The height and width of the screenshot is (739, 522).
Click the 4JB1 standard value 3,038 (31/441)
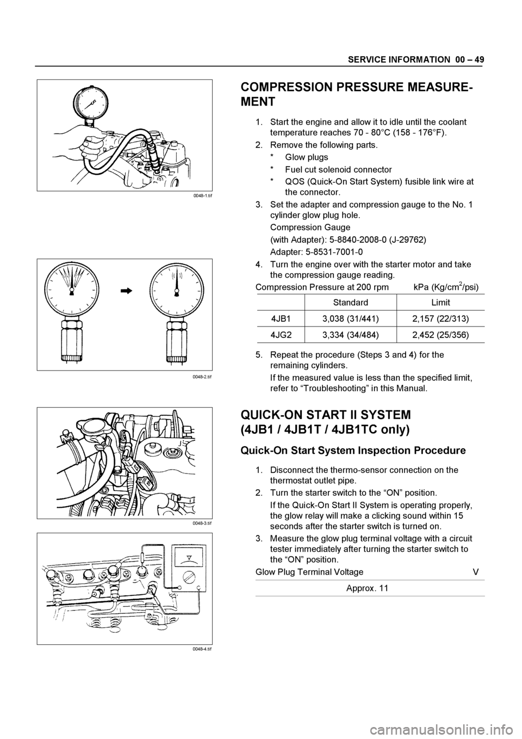click(x=350, y=319)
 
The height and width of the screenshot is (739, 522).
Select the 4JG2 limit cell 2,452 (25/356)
click(x=440, y=335)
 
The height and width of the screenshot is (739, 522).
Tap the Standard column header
click(x=350, y=302)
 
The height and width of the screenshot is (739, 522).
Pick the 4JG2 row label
click(x=281, y=335)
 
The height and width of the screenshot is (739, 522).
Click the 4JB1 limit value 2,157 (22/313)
click(x=440, y=319)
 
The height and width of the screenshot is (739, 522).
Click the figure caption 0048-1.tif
click(x=202, y=195)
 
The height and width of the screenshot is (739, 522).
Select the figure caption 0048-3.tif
click(x=202, y=524)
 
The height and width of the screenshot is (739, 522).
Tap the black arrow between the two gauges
click(x=126, y=291)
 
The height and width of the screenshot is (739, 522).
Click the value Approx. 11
click(x=368, y=588)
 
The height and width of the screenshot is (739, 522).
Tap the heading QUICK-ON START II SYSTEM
click(x=326, y=414)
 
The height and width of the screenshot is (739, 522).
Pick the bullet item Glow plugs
click(x=307, y=157)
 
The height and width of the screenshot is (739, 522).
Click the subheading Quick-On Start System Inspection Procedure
click(x=353, y=451)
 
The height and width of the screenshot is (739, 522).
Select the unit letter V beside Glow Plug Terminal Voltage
click(x=476, y=572)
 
